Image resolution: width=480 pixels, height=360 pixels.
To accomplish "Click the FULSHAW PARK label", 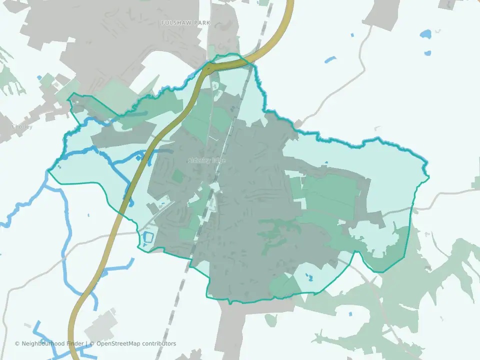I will (185, 23).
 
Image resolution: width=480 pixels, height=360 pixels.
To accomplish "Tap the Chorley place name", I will (22, 127).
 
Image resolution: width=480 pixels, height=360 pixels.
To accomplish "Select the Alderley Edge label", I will (206, 160).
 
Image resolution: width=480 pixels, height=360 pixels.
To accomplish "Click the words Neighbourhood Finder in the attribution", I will (53, 343).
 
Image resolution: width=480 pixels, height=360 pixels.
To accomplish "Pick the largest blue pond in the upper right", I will (426, 35).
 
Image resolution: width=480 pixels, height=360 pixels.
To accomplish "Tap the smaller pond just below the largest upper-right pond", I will (427, 52).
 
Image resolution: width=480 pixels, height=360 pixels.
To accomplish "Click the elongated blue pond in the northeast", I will (330, 60).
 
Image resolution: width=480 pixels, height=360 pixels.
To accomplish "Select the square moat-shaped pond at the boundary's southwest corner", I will (147, 238).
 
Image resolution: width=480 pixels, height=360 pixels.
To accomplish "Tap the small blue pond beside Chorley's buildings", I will (39, 78).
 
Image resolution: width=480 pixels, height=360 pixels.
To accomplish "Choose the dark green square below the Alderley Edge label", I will (177, 176).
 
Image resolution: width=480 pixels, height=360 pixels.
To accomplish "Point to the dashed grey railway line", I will (186, 270).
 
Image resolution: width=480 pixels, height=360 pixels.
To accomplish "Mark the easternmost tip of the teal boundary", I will (429, 176).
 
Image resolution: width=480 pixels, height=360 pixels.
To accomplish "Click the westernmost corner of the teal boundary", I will (48, 171).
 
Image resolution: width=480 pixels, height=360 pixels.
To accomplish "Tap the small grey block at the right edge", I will (475, 183).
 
